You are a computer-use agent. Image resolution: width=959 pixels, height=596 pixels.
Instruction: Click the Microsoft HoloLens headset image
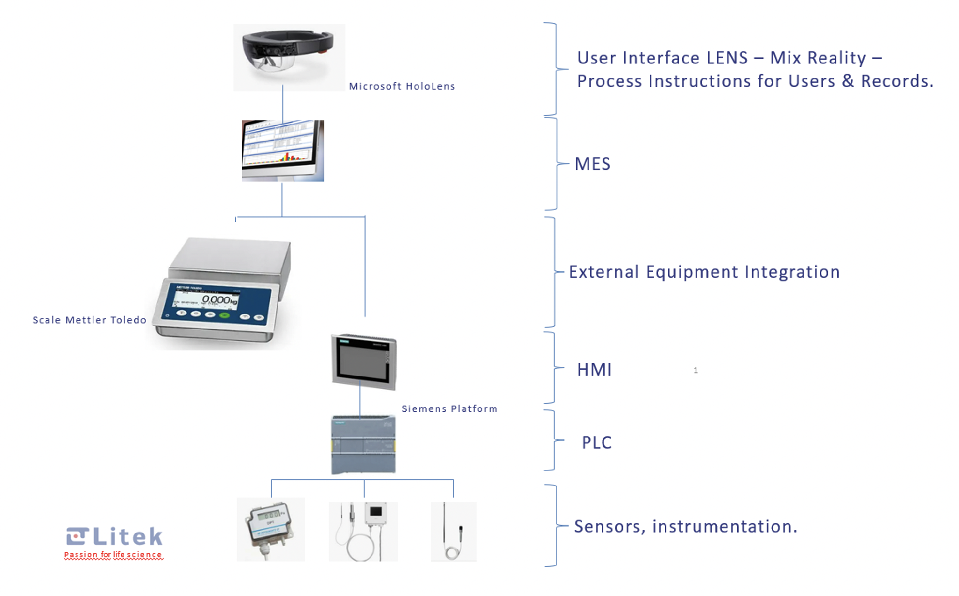tap(289, 57)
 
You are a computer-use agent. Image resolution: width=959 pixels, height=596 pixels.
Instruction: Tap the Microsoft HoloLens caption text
tap(402, 86)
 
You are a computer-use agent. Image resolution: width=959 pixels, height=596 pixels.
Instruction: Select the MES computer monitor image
tap(283, 150)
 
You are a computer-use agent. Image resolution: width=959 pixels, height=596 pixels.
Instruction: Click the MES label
tap(592, 164)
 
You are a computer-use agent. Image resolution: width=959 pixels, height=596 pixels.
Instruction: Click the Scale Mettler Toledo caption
tap(90, 320)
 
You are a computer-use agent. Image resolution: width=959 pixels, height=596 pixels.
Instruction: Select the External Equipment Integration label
tap(704, 272)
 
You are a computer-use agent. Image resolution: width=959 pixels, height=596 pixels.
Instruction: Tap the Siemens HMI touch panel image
tap(364, 362)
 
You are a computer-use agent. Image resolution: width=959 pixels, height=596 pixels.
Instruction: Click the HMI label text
tap(594, 370)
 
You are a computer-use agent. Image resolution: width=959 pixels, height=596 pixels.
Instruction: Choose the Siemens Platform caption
tap(449, 409)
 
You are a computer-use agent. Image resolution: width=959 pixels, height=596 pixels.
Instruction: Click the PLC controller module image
tap(363, 444)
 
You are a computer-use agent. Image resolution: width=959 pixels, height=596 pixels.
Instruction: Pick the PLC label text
tap(596, 443)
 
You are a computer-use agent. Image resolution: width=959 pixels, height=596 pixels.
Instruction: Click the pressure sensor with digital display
tap(270, 529)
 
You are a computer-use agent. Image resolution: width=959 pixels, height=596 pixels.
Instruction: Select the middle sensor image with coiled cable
tap(363, 531)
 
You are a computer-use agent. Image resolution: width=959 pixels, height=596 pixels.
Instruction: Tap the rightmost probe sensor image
tap(453, 531)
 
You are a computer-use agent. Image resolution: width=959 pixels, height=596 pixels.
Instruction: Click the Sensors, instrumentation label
tap(685, 527)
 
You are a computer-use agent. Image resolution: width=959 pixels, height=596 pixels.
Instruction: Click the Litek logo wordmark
tap(127, 536)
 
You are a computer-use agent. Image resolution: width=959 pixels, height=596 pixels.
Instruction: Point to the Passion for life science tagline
tap(113, 555)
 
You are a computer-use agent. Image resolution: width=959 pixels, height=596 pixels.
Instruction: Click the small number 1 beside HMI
tap(696, 371)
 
